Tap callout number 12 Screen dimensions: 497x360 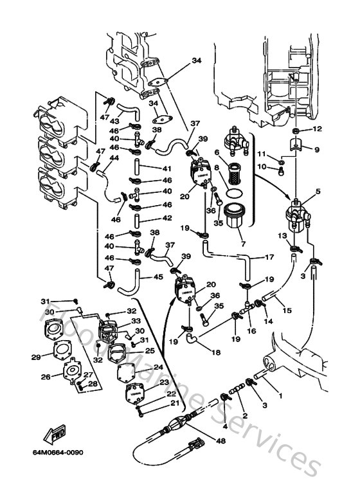tap(317, 129)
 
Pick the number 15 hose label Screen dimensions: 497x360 tap(287, 311)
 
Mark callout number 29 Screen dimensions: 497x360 tap(36, 357)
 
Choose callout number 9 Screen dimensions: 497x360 tap(317, 149)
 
